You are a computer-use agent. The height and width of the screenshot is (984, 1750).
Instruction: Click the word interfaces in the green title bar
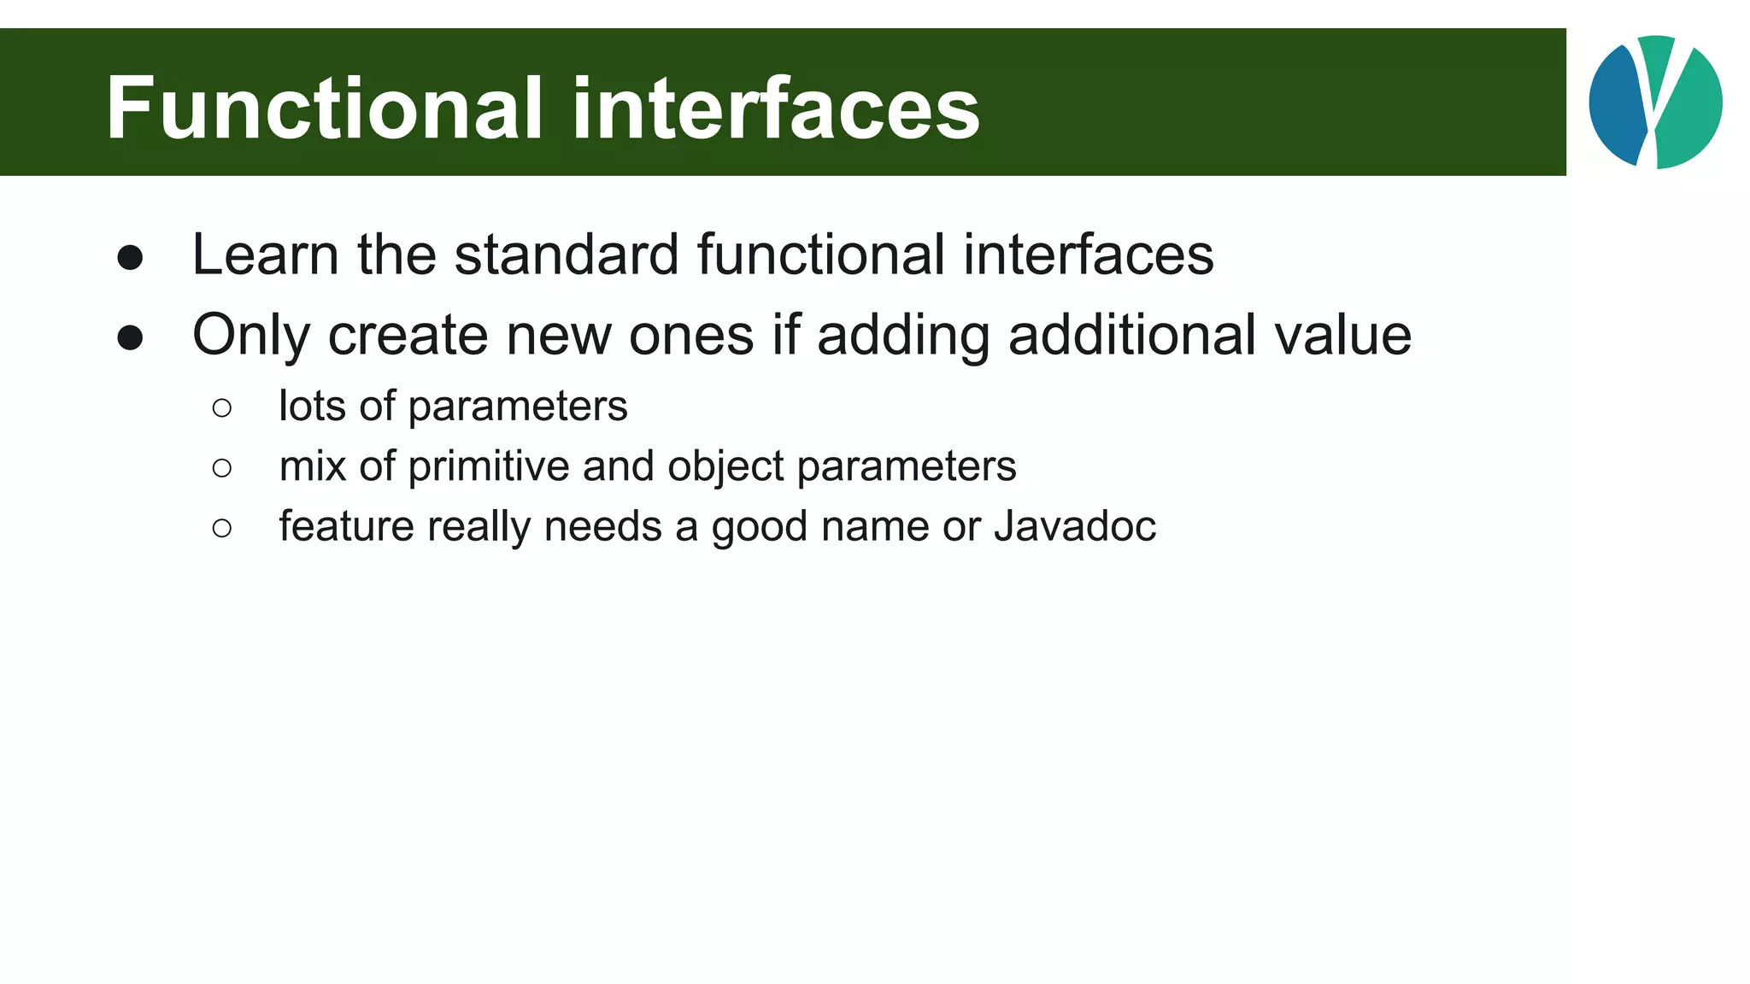pyautogui.click(x=776, y=108)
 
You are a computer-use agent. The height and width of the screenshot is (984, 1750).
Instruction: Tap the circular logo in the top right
pyautogui.click(x=1655, y=102)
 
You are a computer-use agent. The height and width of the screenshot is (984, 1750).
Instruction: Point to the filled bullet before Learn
pyautogui.click(x=130, y=257)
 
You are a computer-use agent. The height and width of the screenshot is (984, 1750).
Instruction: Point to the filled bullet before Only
pyautogui.click(x=130, y=337)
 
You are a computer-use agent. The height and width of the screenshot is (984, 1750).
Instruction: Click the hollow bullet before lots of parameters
pyautogui.click(x=222, y=408)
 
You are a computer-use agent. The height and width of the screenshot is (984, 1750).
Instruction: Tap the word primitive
pyautogui.click(x=489, y=466)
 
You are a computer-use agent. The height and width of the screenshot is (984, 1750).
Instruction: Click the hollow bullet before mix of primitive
pyautogui.click(x=222, y=468)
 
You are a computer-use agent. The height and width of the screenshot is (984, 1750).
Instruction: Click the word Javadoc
pyautogui.click(x=1074, y=526)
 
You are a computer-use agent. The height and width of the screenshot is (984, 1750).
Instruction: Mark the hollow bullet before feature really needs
pyautogui.click(x=222, y=529)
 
